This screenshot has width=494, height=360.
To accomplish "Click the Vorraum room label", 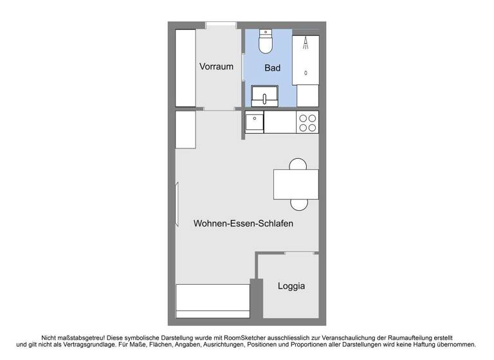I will pyautogui.click(x=216, y=67).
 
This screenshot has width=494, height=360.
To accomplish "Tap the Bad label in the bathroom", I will pyautogui.click(x=273, y=67).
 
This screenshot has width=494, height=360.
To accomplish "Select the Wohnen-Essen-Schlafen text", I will pyautogui.click(x=243, y=224).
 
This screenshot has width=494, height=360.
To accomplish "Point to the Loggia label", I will pyautogui.click(x=291, y=286).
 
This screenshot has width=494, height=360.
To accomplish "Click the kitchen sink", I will pyautogui.click(x=255, y=122).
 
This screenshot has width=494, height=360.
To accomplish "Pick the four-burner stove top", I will pyautogui.click(x=307, y=122).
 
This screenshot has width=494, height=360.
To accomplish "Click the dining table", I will pyautogui.click(x=296, y=184).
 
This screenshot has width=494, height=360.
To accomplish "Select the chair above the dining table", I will pyautogui.click(x=298, y=163).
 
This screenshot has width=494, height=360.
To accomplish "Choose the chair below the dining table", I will pyautogui.click(x=298, y=205).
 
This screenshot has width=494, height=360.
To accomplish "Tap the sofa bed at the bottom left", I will pyautogui.click(x=213, y=300).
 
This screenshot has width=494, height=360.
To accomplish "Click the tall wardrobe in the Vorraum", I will pyautogui.click(x=185, y=67).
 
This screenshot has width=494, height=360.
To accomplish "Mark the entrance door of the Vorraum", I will pyautogui.click(x=221, y=25).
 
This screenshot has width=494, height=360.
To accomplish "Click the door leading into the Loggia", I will pyautogui.click(x=301, y=253).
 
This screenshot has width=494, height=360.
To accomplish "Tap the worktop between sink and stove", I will pyautogui.click(x=280, y=122).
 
